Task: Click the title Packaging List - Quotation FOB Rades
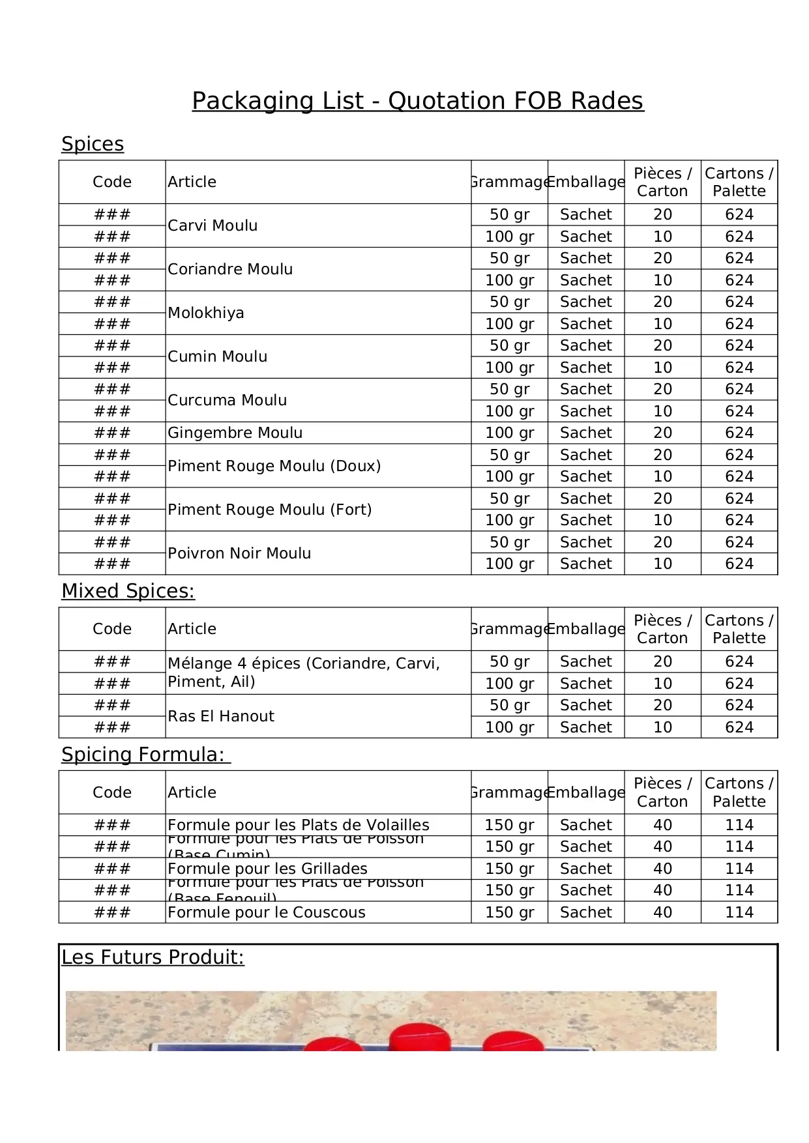point(417,101)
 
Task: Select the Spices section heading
point(93,144)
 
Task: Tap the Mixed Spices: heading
point(128,591)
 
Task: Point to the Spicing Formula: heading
point(145,755)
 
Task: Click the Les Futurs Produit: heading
point(153,957)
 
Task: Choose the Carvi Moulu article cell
point(213,225)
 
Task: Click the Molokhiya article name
point(206,313)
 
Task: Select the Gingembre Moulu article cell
point(235,433)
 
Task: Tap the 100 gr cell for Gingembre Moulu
point(509,433)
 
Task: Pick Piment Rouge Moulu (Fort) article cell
point(269,510)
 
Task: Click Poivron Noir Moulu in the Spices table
point(239,553)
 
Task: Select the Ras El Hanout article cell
point(221,716)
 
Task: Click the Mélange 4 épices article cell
point(303,673)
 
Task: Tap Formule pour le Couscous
point(266,912)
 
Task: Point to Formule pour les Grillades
point(267,869)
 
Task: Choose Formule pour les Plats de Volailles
point(298,825)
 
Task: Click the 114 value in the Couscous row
point(739,912)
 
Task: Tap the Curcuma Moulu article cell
point(227,400)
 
